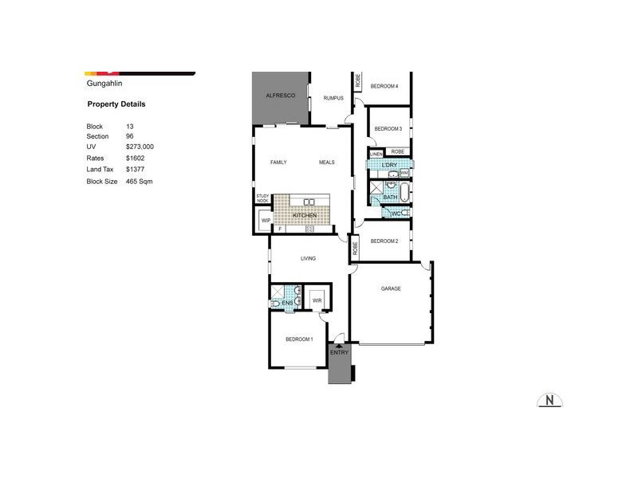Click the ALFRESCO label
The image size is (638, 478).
(281, 96)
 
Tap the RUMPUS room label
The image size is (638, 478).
(333, 98)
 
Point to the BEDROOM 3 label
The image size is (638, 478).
(388, 128)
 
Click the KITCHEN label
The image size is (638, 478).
(305, 216)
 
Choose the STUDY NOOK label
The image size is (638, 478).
(262, 198)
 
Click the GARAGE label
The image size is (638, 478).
(391, 288)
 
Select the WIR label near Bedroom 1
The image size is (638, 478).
(317, 300)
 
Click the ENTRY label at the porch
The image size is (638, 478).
(340, 352)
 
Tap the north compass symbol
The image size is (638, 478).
(549, 400)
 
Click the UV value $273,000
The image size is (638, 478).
(140, 147)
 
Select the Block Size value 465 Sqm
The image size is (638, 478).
(139, 182)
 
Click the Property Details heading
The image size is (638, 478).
(116, 104)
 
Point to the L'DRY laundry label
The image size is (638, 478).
(389, 165)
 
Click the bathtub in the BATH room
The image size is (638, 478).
(404, 194)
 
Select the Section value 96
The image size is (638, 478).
(130, 136)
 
